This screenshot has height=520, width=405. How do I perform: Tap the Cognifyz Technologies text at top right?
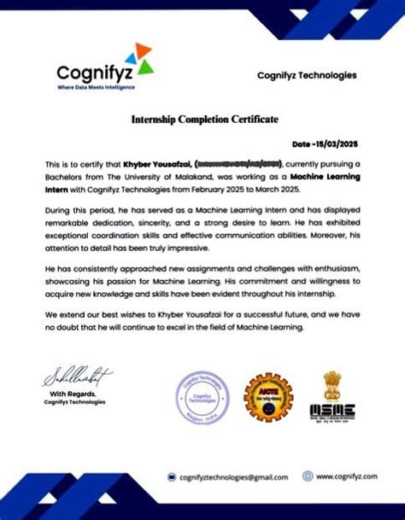click(307, 75)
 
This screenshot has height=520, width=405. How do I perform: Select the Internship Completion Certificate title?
click(204, 119)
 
